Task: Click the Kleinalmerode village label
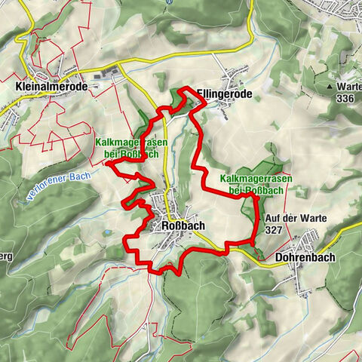pos(51,87)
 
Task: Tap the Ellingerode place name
pos(222,94)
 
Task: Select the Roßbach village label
pos(182,225)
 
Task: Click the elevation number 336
pos(345,98)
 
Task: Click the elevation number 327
pos(274,229)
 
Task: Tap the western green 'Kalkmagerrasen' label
pos(127,148)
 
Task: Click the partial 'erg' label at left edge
pos(6,256)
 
